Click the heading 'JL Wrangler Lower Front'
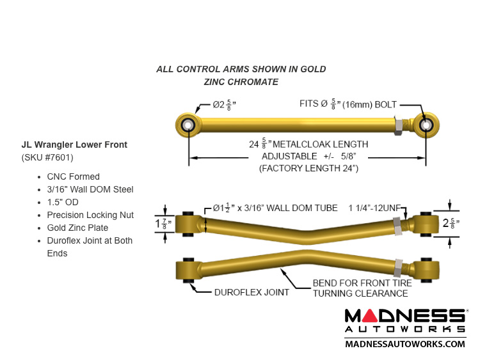[74, 145]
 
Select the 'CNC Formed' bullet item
[74, 176]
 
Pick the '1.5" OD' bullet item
[63, 202]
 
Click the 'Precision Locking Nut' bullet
[90, 215]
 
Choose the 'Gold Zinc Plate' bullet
[77, 228]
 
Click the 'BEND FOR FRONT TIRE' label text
[360, 283]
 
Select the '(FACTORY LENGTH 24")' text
[308, 168]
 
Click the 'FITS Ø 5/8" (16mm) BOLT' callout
[348, 104]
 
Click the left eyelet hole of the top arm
[188, 124]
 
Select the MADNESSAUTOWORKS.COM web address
[405, 343]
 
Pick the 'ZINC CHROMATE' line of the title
[241, 82]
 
